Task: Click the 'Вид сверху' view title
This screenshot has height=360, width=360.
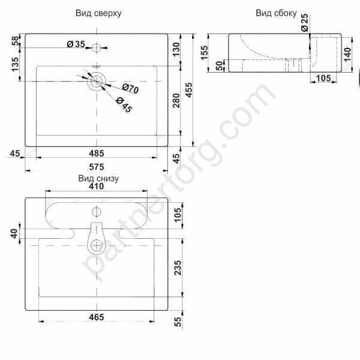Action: click(98, 13)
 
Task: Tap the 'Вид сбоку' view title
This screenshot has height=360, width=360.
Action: click(276, 13)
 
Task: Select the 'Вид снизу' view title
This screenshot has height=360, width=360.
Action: click(98, 178)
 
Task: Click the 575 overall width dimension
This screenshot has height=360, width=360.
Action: click(97, 167)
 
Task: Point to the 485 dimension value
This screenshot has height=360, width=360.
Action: click(97, 154)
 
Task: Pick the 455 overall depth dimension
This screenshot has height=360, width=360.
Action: click(189, 90)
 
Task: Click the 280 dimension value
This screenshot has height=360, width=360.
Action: click(176, 100)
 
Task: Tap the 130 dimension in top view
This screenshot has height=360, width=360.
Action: click(176, 49)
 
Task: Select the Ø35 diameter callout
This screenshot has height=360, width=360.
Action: click(76, 44)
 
